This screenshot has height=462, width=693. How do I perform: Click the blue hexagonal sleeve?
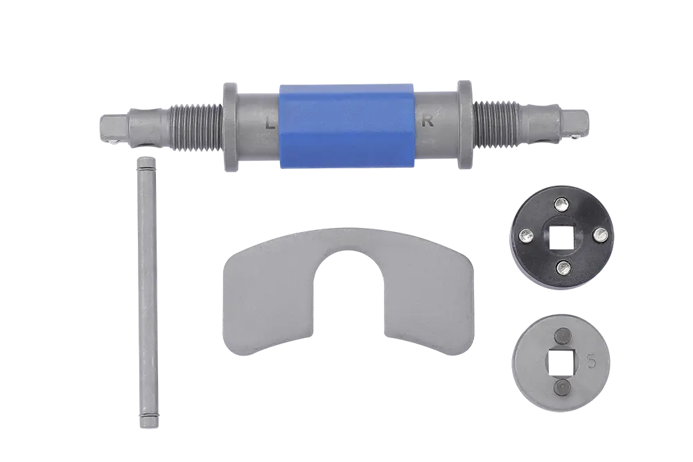point(347,126)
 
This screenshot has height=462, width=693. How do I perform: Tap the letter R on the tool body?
point(428,122)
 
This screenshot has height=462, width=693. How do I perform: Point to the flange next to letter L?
point(231,127)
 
